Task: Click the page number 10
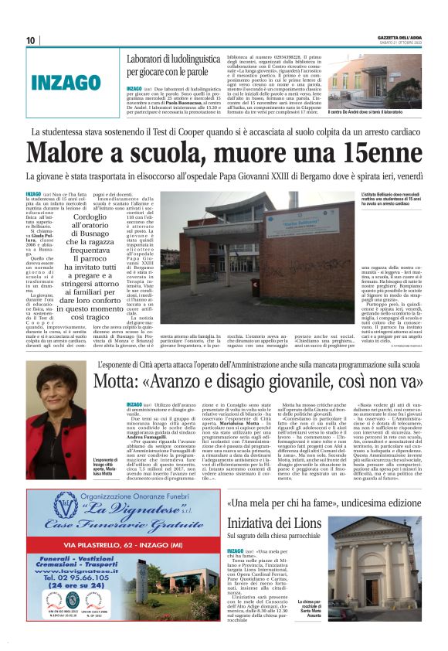click(x=31, y=40)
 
